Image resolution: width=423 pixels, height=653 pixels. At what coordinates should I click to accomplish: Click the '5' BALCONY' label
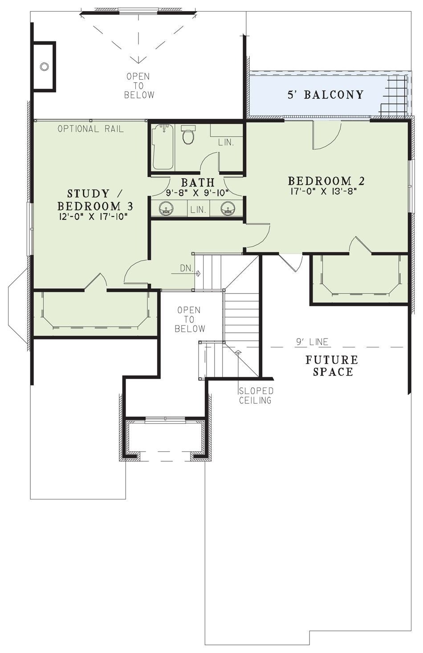pyautogui.click(x=326, y=95)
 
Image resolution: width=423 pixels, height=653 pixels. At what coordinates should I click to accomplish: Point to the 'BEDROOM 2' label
pyautogui.click(x=326, y=181)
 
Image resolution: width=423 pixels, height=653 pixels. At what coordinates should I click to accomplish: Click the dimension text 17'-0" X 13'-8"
pyautogui.click(x=324, y=191)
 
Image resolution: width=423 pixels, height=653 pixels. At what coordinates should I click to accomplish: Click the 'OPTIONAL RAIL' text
pyautogui.click(x=91, y=129)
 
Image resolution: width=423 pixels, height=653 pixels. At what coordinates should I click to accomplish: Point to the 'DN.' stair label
pyautogui.click(x=187, y=269)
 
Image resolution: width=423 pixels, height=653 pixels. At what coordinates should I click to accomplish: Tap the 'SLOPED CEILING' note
pyautogui.click(x=256, y=395)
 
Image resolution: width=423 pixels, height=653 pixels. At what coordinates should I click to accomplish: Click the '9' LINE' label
pyautogui.click(x=312, y=342)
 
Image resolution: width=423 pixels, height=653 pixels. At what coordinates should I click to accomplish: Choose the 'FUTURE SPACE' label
pyautogui.click(x=332, y=366)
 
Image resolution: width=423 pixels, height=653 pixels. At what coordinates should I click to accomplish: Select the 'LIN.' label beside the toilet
pyautogui.click(x=226, y=143)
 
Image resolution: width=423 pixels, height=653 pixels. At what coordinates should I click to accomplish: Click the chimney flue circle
pyautogui.click(x=44, y=66)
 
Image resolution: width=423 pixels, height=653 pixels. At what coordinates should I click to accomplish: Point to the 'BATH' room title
pyautogui.click(x=198, y=182)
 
